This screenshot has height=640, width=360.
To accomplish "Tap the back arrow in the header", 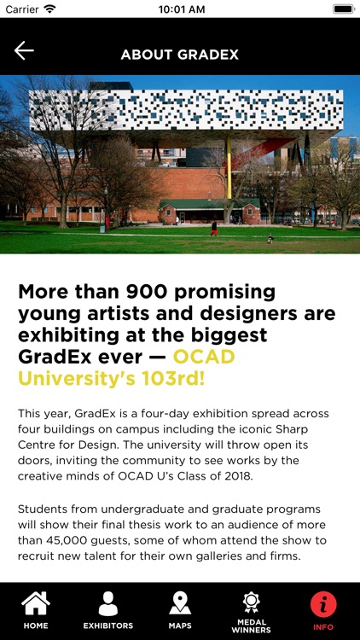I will point(24,51).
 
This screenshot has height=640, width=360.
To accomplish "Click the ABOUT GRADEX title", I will point(179,55).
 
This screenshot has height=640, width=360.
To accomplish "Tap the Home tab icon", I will point(36,604).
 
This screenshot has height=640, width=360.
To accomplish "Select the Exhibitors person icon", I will point(107,604).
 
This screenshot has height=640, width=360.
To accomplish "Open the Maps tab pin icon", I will point(180,603).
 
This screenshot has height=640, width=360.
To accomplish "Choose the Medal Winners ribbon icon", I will point(251,602).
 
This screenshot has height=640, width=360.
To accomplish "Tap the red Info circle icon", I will point(323,604).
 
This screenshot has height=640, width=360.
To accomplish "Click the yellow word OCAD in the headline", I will point(204,355).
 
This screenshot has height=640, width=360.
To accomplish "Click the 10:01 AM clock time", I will point(180,9).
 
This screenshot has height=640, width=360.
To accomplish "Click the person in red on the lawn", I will point(213,228).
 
